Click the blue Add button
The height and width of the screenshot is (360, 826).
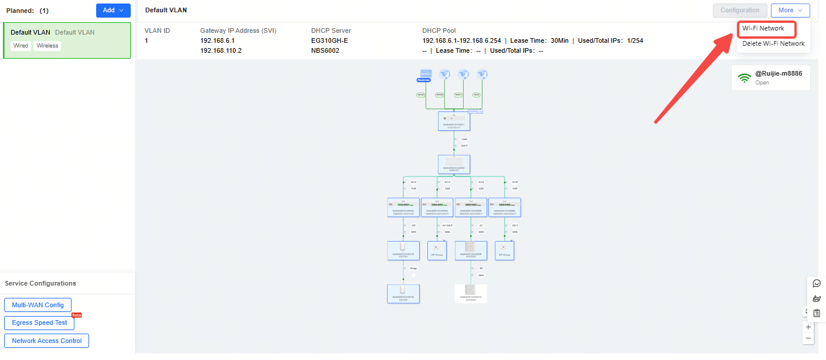tap(113, 10)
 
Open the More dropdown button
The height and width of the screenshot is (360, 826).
tap(790, 10)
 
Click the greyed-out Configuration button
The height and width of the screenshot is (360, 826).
tap(740, 10)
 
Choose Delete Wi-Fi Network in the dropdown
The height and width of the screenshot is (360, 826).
tap(773, 43)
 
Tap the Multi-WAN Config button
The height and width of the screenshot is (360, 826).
tap(38, 305)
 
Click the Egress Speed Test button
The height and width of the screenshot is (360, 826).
tap(39, 322)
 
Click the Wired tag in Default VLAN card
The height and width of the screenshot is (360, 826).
tap(21, 46)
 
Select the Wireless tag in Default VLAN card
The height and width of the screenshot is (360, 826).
tap(47, 46)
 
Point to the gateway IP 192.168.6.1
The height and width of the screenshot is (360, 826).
tap(217, 40)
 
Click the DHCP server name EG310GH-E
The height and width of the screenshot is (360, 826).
tap(329, 40)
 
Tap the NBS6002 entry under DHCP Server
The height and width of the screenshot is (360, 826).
tap(325, 50)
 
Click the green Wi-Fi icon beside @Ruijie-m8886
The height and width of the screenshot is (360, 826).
tap(745, 78)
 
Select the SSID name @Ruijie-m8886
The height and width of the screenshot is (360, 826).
tap(778, 73)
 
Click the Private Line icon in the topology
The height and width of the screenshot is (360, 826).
tap(425, 75)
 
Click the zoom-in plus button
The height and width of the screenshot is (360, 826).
tap(808, 327)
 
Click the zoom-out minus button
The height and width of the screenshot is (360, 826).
tap(808, 338)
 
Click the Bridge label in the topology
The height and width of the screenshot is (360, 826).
tap(413, 268)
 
